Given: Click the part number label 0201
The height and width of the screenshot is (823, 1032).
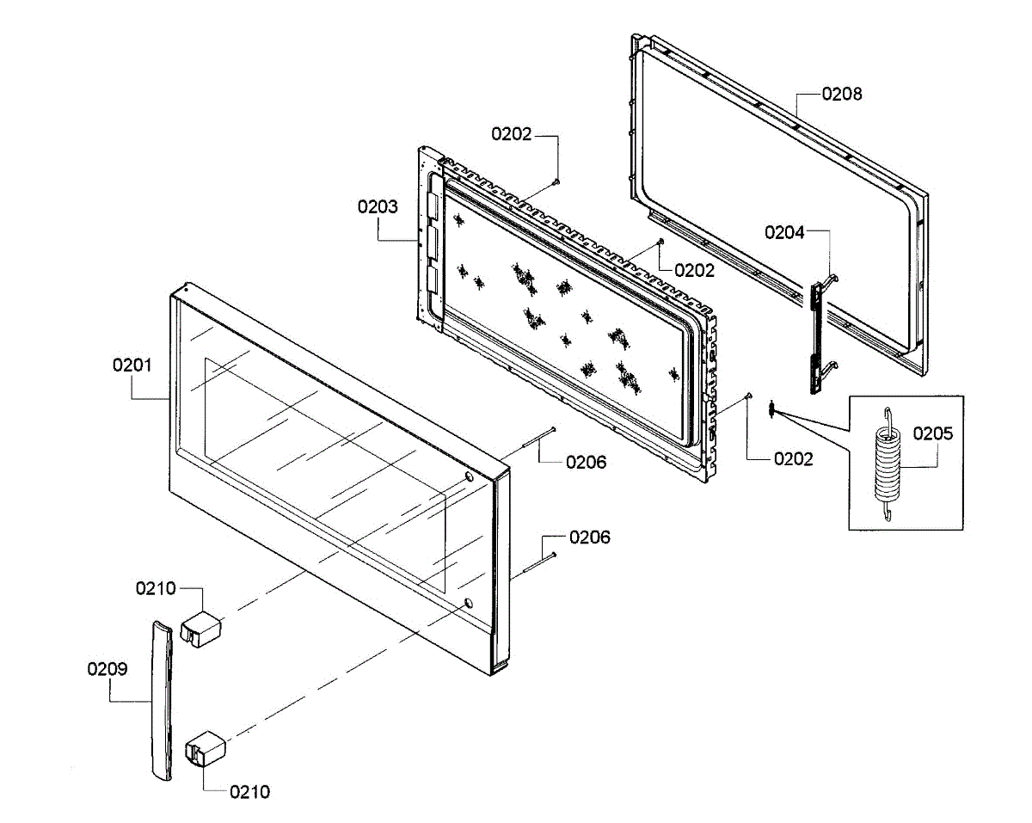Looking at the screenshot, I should pyautogui.click(x=132, y=365).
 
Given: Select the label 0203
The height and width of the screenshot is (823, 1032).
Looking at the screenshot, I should pyautogui.click(x=378, y=206).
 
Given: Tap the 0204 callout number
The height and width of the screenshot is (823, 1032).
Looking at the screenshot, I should pyautogui.click(x=784, y=232).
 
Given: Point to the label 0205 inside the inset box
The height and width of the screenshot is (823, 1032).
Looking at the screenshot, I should pyautogui.click(x=933, y=433).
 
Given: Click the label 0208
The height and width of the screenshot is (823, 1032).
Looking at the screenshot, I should pyautogui.click(x=841, y=95).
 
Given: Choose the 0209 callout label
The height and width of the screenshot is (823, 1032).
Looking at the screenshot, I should pyautogui.click(x=107, y=669).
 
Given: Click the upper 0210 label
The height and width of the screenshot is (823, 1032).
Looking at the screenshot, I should pyautogui.click(x=156, y=589).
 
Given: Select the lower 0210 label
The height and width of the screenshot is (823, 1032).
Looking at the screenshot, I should pyautogui.click(x=249, y=792).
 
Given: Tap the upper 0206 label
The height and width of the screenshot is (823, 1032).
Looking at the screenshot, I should pyautogui.click(x=586, y=463).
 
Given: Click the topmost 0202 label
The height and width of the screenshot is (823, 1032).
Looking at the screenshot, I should pyautogui.click(x=512, y=134).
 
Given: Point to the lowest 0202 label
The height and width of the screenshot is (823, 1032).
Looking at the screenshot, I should pyautogui.click(x=793, y=459).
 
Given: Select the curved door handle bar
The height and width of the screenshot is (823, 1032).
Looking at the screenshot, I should pyautogui.click(x=161, y=700).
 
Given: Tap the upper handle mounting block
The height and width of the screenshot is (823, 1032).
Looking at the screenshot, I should pyautogui.click(x=202, y=627).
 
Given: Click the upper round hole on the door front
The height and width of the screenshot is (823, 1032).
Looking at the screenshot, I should pyautogui.click(x=467, y=478).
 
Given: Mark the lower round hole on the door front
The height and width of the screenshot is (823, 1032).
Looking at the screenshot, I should pyautogui.click(x=467, y=603).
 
